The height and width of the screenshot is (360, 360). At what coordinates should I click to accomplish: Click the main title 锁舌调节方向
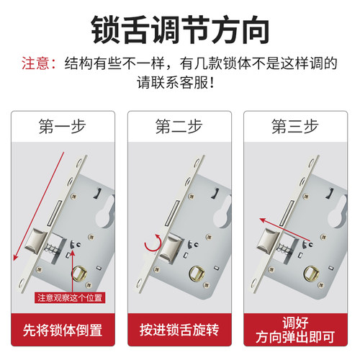pyautogui.click(x=180, y=30)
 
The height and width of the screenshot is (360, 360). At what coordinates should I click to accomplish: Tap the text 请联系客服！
pyautogui.click(x=180, y=82)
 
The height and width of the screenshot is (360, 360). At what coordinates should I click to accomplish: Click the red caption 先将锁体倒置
pyautogui.click(x=63, y=330)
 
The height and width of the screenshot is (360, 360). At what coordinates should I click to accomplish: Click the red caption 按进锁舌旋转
pyautogui.click(x=179, y=330)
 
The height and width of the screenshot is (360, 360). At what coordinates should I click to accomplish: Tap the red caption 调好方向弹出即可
pyautogui.click(x=296, y=330)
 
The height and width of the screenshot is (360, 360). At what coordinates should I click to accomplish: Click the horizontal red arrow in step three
pyautogui.click(x=277, y=221)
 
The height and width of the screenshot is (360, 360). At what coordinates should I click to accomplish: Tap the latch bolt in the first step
pyautogui.click(x=38, y=248)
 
